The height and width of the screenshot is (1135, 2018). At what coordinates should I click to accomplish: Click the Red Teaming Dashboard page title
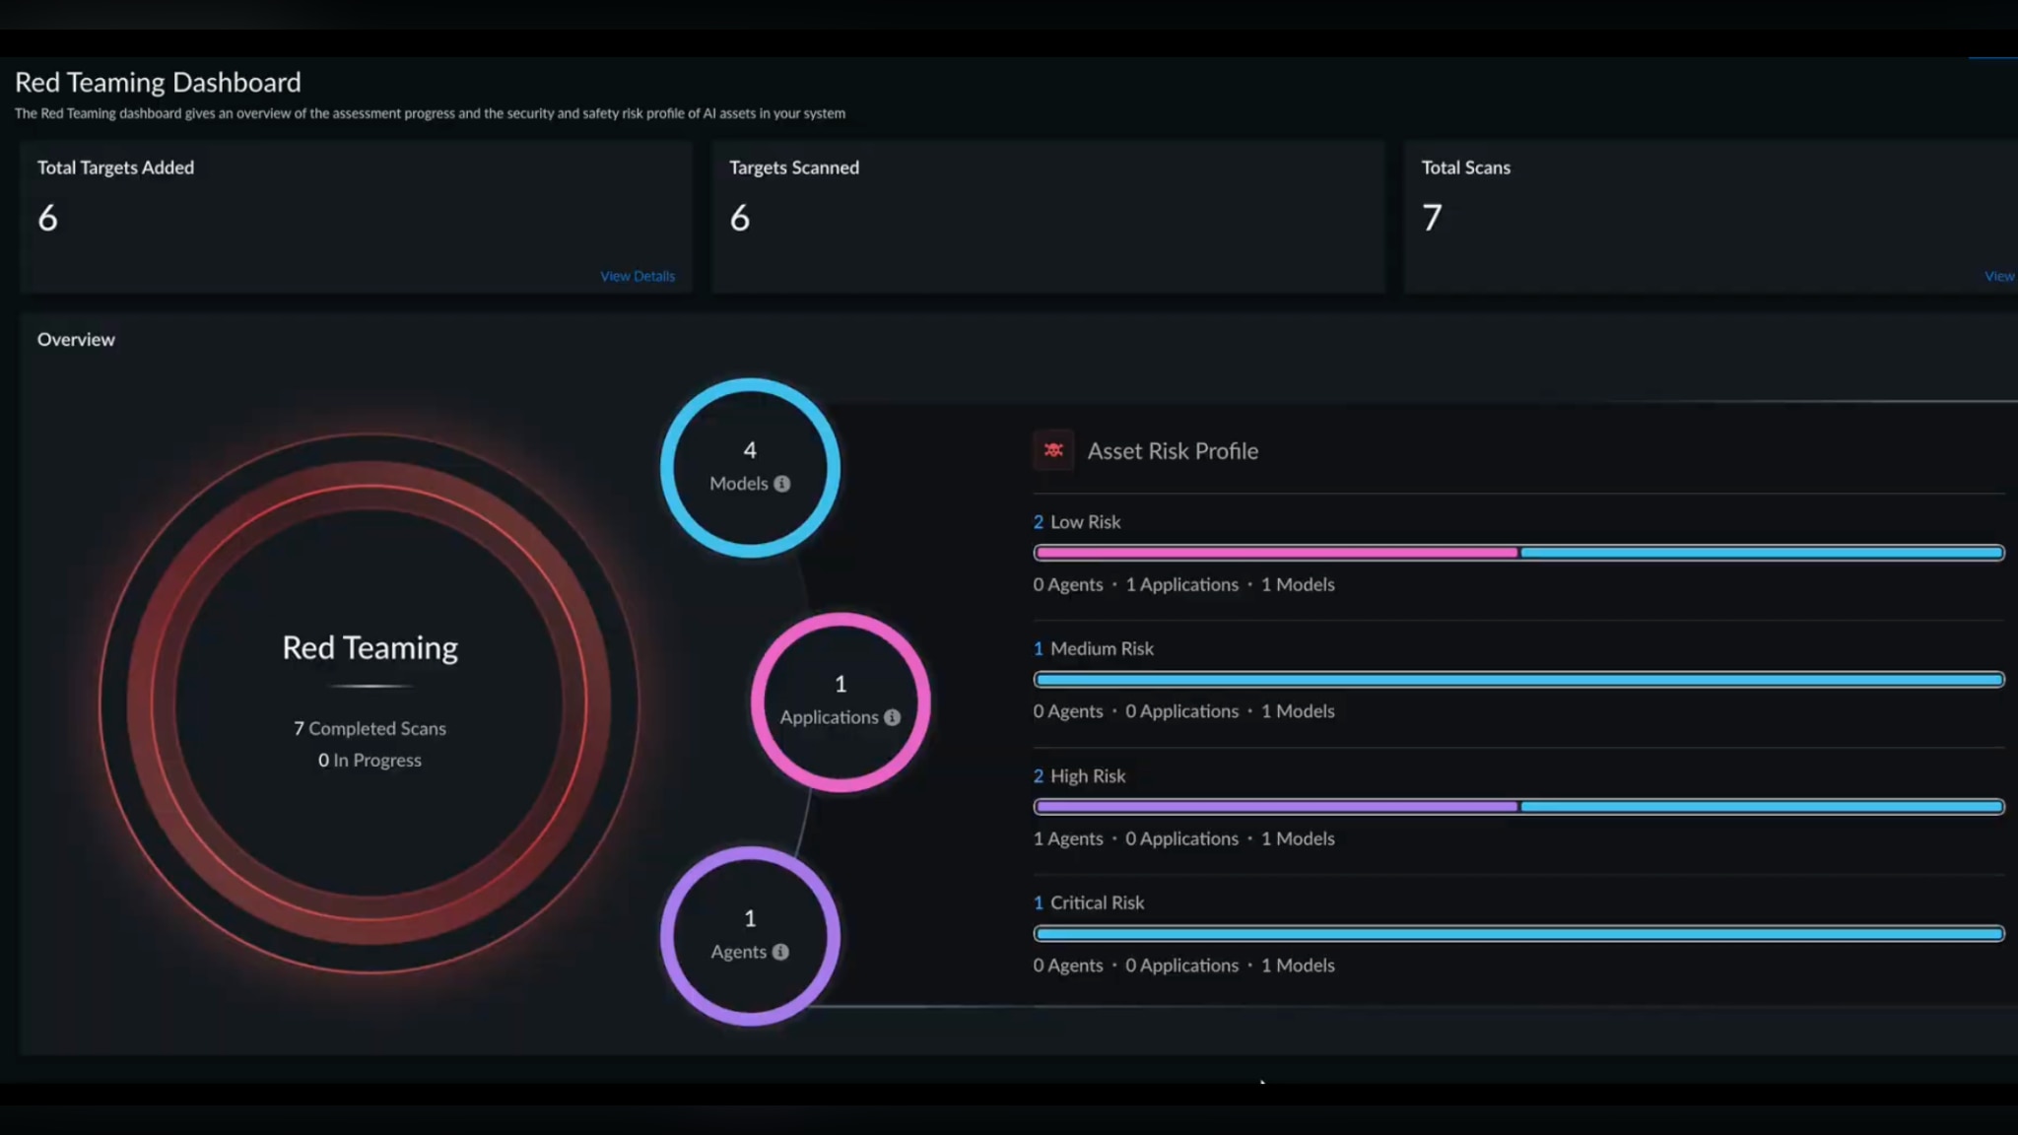point(158,83)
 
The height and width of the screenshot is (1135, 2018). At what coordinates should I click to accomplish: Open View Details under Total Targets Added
point(638,276)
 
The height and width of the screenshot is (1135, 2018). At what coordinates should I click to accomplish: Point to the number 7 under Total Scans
point(1432,218)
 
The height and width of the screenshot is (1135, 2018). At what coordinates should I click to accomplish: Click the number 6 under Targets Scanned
point(740,218)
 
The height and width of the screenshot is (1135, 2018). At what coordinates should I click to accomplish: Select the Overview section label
point(76,339)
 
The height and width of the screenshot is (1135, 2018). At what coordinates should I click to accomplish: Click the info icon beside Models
point(781,484)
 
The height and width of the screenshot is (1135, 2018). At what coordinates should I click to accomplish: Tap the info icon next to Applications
point(892,717)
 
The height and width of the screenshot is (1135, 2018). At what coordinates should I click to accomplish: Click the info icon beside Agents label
point(780,952)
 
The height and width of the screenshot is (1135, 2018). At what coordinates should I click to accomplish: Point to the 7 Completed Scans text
point(370,728)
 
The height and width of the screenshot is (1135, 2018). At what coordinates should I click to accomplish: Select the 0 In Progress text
point(370,760)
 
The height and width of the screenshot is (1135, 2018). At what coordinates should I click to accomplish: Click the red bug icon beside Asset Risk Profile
point(1053,450)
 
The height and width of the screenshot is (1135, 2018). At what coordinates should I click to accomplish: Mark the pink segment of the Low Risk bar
point(1276,553)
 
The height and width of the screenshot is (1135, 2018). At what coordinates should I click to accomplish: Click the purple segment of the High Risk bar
point(1276,807)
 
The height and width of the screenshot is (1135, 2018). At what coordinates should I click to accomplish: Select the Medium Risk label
point(1101,648)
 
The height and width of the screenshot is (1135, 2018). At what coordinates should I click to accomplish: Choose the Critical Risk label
point(1096,902)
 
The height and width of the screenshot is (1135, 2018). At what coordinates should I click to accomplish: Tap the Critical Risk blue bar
point(1518,933)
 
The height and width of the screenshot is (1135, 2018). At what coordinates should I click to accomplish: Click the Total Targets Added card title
point(115,167)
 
